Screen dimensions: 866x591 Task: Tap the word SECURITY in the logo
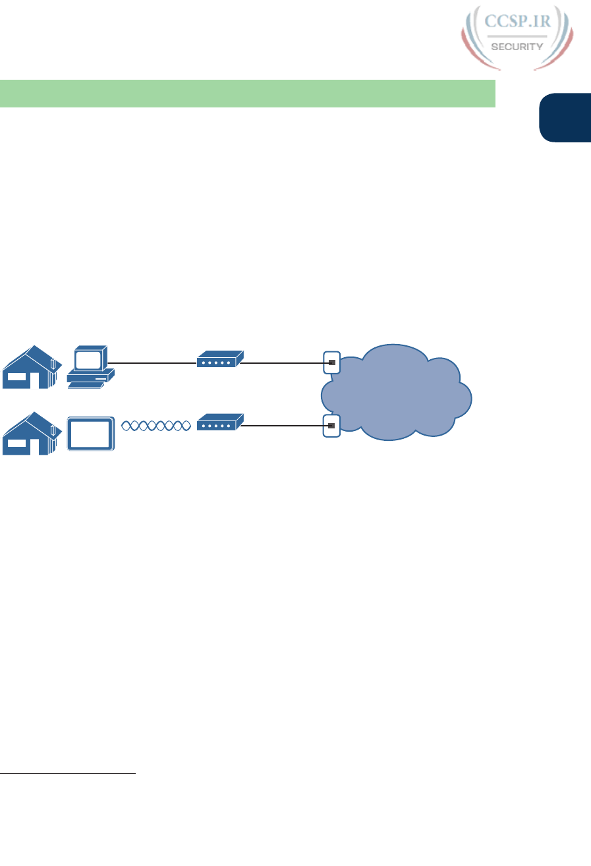(517, 46)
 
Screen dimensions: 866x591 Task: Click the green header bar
(247, 93)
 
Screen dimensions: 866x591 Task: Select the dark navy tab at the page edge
(565, 117)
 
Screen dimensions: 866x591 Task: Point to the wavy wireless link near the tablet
(155, 426)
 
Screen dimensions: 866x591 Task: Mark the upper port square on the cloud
(332, 362)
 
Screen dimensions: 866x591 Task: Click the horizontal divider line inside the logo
(516, 36)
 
